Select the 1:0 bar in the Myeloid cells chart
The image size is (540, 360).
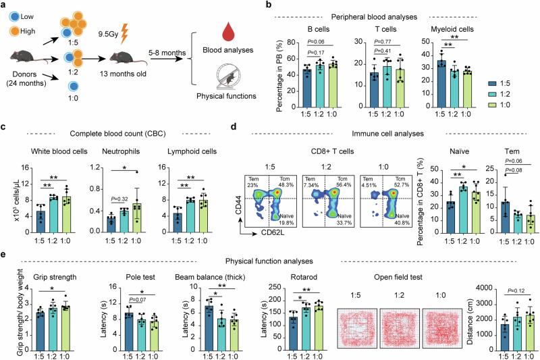pyautogui.click(x=466, y=85)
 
